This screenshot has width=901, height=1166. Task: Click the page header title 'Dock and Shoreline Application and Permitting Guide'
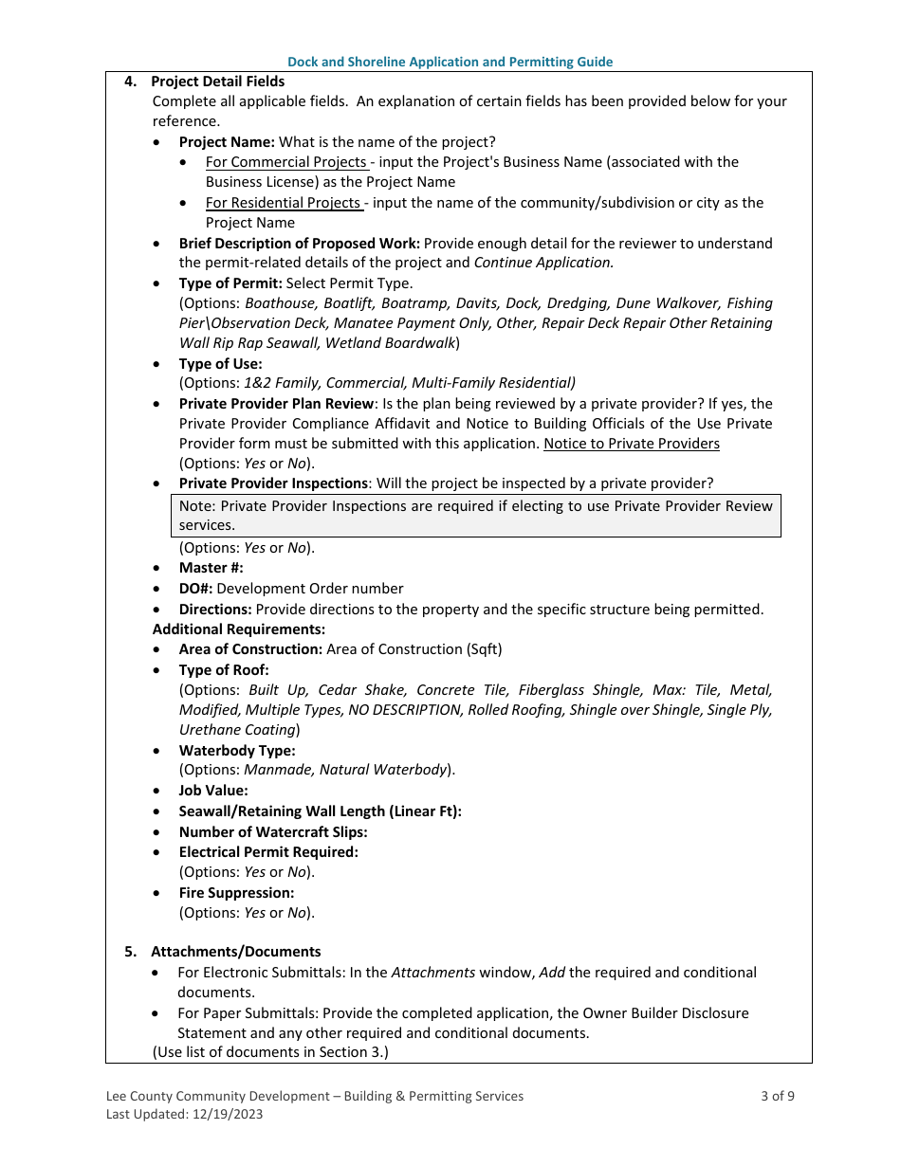pyautogui.click(x=450, y=62)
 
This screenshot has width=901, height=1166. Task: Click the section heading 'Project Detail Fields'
pyautogui.click(x=217, y=82)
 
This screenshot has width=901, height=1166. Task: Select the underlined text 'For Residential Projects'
pyautogui.click(x=283, y=203)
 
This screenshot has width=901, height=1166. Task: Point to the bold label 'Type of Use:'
pyautogui.click(x=220, y=364)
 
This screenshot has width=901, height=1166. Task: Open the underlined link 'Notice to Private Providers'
pyautogui.click(x=631, y=444)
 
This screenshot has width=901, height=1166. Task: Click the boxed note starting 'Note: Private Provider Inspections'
pyautogui.click(x=475, y=516)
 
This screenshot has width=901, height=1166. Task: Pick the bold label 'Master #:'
pyautogui.click(x=211, y=568)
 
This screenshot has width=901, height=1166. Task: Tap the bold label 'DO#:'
pyautogui.click(x=195, y=589)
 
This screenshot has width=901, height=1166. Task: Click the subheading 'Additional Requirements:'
pyautogui.click(x=238, y=629)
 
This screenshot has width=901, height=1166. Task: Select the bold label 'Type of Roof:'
pyautogui.click(x=224, y=670)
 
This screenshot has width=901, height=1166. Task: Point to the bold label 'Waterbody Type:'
pyautogui.click(x=237, y=751)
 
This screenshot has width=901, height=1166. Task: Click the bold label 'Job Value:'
pyautogui.click(x=213, y=791)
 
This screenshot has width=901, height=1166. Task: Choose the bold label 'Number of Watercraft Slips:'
pyautogui.click(x=273, y=832)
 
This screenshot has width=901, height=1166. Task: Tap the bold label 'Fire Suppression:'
pyautogui.click(x=236, y=893)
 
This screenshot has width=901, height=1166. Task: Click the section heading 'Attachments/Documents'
pyautogui.click(x=235, y=952)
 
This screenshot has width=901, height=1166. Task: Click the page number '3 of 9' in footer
pyautogui.click(x=777, y=1097)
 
